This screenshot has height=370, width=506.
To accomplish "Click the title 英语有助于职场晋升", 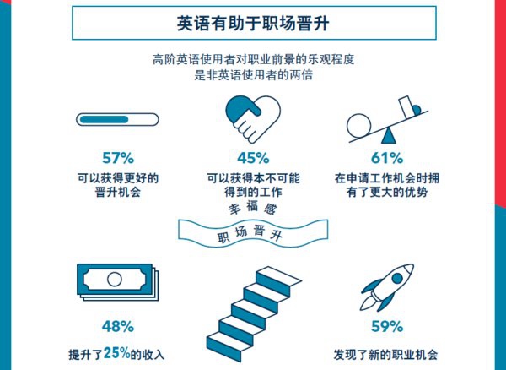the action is (253, 23).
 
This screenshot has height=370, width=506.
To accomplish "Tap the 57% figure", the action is (118, 158).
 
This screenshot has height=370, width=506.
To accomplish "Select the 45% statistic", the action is (253, 158).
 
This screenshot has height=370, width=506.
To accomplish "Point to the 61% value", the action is (387, 158).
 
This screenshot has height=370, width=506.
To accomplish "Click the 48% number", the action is (118, 326).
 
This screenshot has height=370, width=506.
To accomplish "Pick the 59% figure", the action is (387, 326).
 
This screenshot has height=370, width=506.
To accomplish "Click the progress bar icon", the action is (117, 119).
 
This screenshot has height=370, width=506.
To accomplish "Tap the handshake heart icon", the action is (253, 118).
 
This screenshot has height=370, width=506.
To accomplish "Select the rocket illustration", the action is (387, 287).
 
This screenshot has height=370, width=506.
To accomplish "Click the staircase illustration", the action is (254, 313).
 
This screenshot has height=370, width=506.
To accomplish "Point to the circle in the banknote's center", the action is (115, 280).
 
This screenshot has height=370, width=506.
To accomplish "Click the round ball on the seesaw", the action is (359, 126).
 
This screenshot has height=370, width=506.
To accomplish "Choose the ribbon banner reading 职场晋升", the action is (253, 233).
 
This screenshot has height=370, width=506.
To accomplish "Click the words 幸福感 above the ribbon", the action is (253, 208).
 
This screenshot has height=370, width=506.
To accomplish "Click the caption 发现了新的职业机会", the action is (386, 355).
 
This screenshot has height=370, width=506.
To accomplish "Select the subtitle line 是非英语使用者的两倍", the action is (253, 75).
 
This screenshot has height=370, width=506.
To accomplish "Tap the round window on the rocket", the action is (397, 278).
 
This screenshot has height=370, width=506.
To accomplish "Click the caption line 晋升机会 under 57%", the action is (118, 193).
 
